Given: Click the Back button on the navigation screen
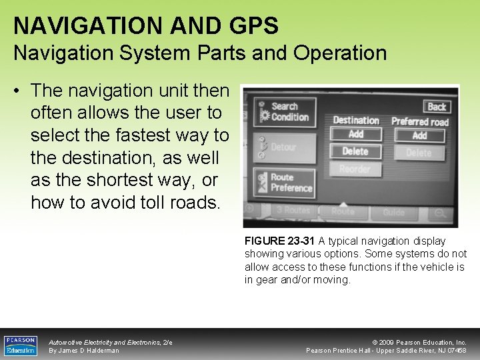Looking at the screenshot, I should click(x=437, y=107).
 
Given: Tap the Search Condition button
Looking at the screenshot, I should click(x=283, y=112).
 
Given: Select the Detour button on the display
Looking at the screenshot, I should click(x=283, y=147).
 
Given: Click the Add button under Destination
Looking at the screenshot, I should click(x=356, y=135).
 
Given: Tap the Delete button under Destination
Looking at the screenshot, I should click(x=356, y=152).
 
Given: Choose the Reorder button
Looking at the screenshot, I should click(x=355, y=169).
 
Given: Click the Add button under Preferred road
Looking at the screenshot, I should click(x=419, y=135).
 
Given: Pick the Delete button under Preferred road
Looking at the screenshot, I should click(x=419, y=153).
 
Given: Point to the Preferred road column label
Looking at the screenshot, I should click(x=420, y=121).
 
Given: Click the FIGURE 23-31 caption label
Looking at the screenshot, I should click(x=279, y=241).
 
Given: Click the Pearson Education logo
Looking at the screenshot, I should click(x=21, y=345).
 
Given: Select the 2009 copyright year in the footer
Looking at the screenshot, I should click(x=388, y=343).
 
